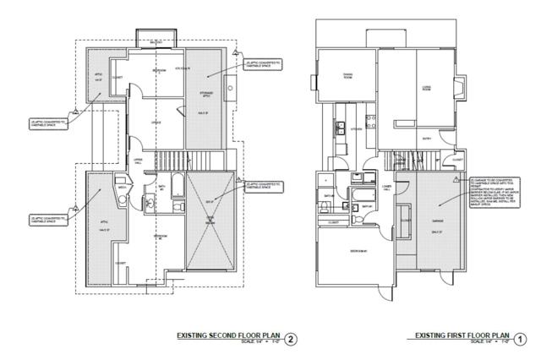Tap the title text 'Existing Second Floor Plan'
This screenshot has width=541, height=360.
point(228,335)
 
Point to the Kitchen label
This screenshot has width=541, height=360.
point(357,129)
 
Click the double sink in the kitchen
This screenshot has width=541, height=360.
point(338,129)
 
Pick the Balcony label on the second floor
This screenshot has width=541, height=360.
point(155,42)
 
